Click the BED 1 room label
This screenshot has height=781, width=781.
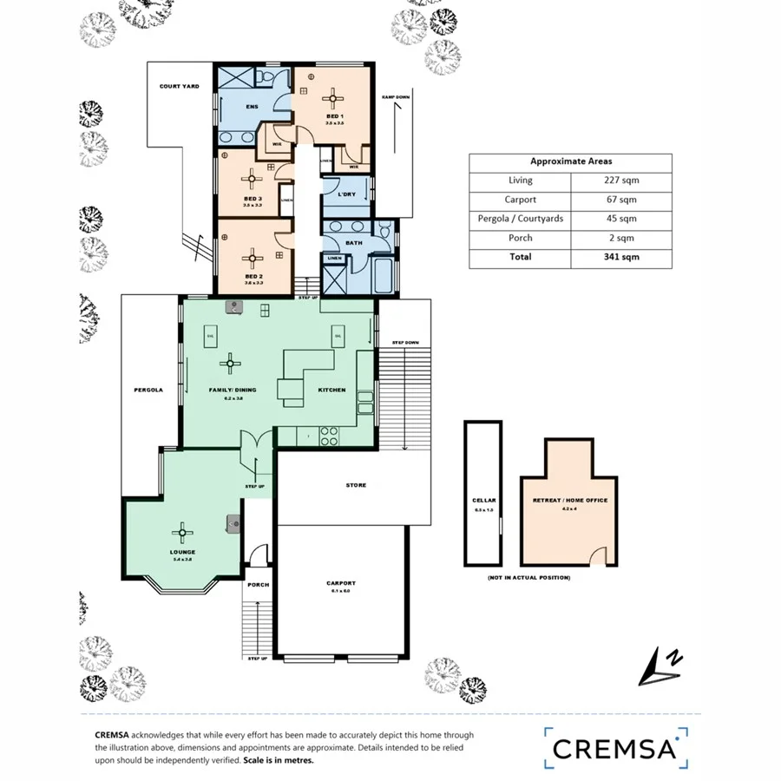pos(335,116)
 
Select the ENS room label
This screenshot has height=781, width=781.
pos(252,107)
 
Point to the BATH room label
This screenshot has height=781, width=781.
pos(354,243)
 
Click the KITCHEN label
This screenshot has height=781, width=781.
pos(331,390)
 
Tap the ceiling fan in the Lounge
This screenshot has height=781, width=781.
pos(183,532)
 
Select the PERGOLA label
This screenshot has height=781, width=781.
pos(149,390)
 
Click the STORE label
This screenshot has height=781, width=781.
pos(355,485)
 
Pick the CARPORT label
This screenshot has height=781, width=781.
pos(342,583)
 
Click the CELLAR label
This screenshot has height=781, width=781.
pos(484,501)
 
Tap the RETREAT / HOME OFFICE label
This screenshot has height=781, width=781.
pos(570,501)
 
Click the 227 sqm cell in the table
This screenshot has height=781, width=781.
pos(621,180)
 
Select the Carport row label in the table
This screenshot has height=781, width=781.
pos(521,200)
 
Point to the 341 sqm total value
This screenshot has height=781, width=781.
pos(621,257)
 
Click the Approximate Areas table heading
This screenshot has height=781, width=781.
pos(570,161)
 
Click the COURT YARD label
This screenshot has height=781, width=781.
pos(180,87)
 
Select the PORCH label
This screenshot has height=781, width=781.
pos(258,585)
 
